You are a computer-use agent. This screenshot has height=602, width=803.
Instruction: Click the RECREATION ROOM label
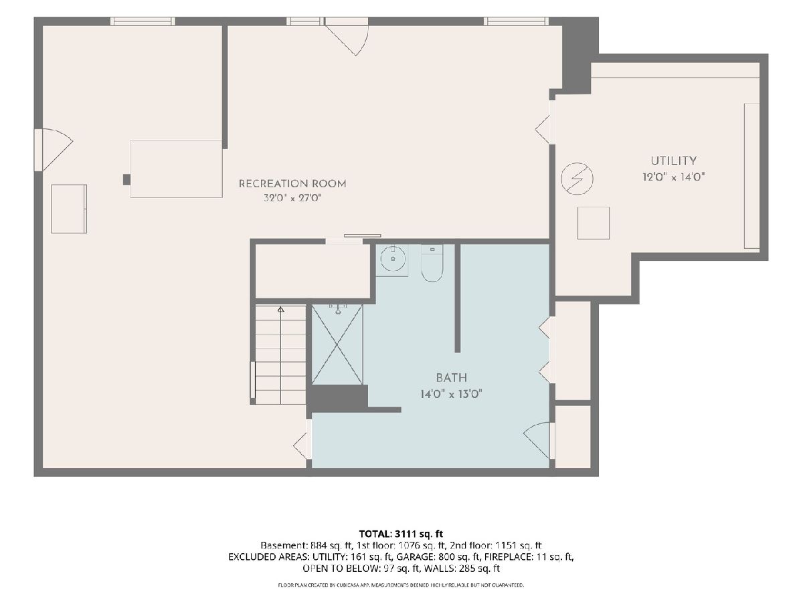tap(292, 183)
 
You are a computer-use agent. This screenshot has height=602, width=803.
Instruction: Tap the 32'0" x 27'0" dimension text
tap(292, 198)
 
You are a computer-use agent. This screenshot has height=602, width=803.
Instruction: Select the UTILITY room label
tap(673, 161)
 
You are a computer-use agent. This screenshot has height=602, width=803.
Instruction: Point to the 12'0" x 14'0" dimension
tap(673, 177)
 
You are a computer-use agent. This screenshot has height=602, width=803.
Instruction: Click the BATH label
tap(452, 377)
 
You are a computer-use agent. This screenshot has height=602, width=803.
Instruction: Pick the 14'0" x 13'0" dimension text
tap(452, 394)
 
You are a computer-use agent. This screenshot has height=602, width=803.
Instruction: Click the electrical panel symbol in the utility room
tap(577, 179)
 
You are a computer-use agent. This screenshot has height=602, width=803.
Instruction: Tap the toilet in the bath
tap(432, 263)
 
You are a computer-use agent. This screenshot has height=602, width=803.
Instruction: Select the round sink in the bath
tap(393, 258)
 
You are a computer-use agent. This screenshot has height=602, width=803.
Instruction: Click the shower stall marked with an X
tap(337, 344)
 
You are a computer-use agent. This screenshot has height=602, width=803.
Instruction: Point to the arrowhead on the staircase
tap(280, 310)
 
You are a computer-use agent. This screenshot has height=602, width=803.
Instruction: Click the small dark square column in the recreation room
tap(126, 179)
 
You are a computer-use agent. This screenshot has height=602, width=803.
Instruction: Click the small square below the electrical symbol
tap(594, 223)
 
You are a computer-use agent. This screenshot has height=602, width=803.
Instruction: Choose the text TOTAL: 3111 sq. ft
tap(401, 534)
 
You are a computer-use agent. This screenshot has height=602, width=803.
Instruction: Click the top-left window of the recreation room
tap(143, 21)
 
